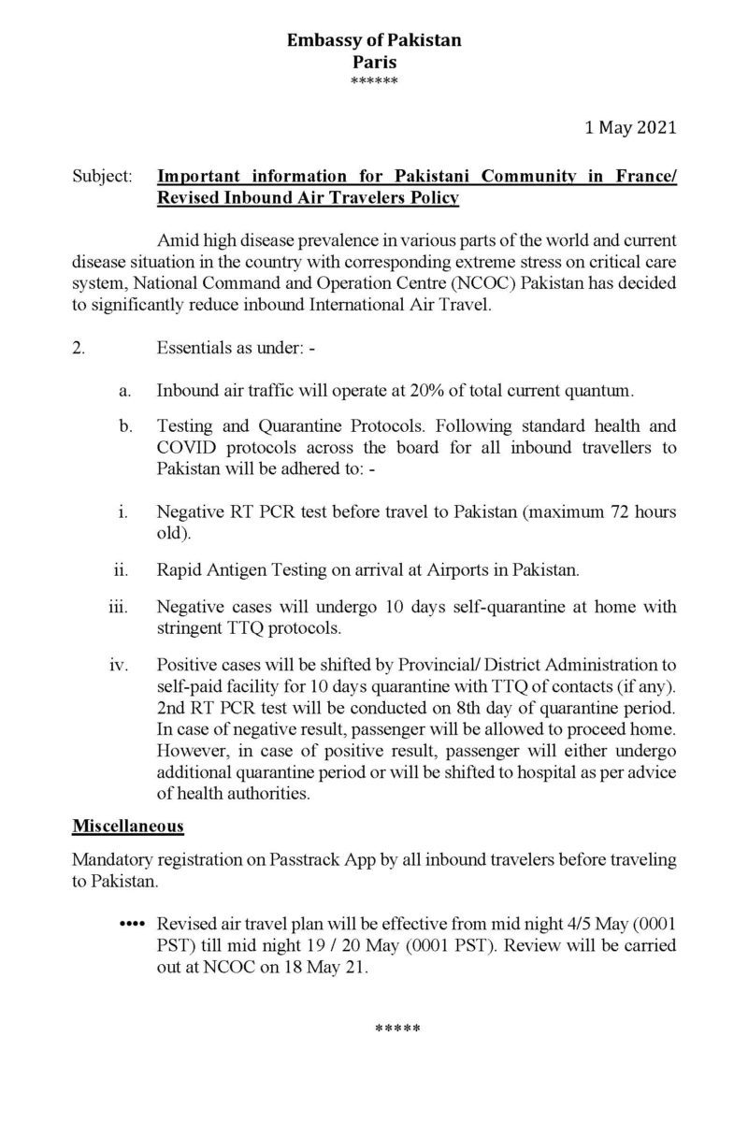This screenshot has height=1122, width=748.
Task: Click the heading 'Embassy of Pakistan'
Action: coord(374,41)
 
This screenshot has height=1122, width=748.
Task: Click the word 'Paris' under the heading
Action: coord(374,63)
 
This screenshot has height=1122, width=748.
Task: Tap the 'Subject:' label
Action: coord(102,175)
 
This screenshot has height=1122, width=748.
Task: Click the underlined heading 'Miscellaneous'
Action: coord(127,827)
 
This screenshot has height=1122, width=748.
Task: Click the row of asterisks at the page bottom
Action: coord(397,1029)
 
